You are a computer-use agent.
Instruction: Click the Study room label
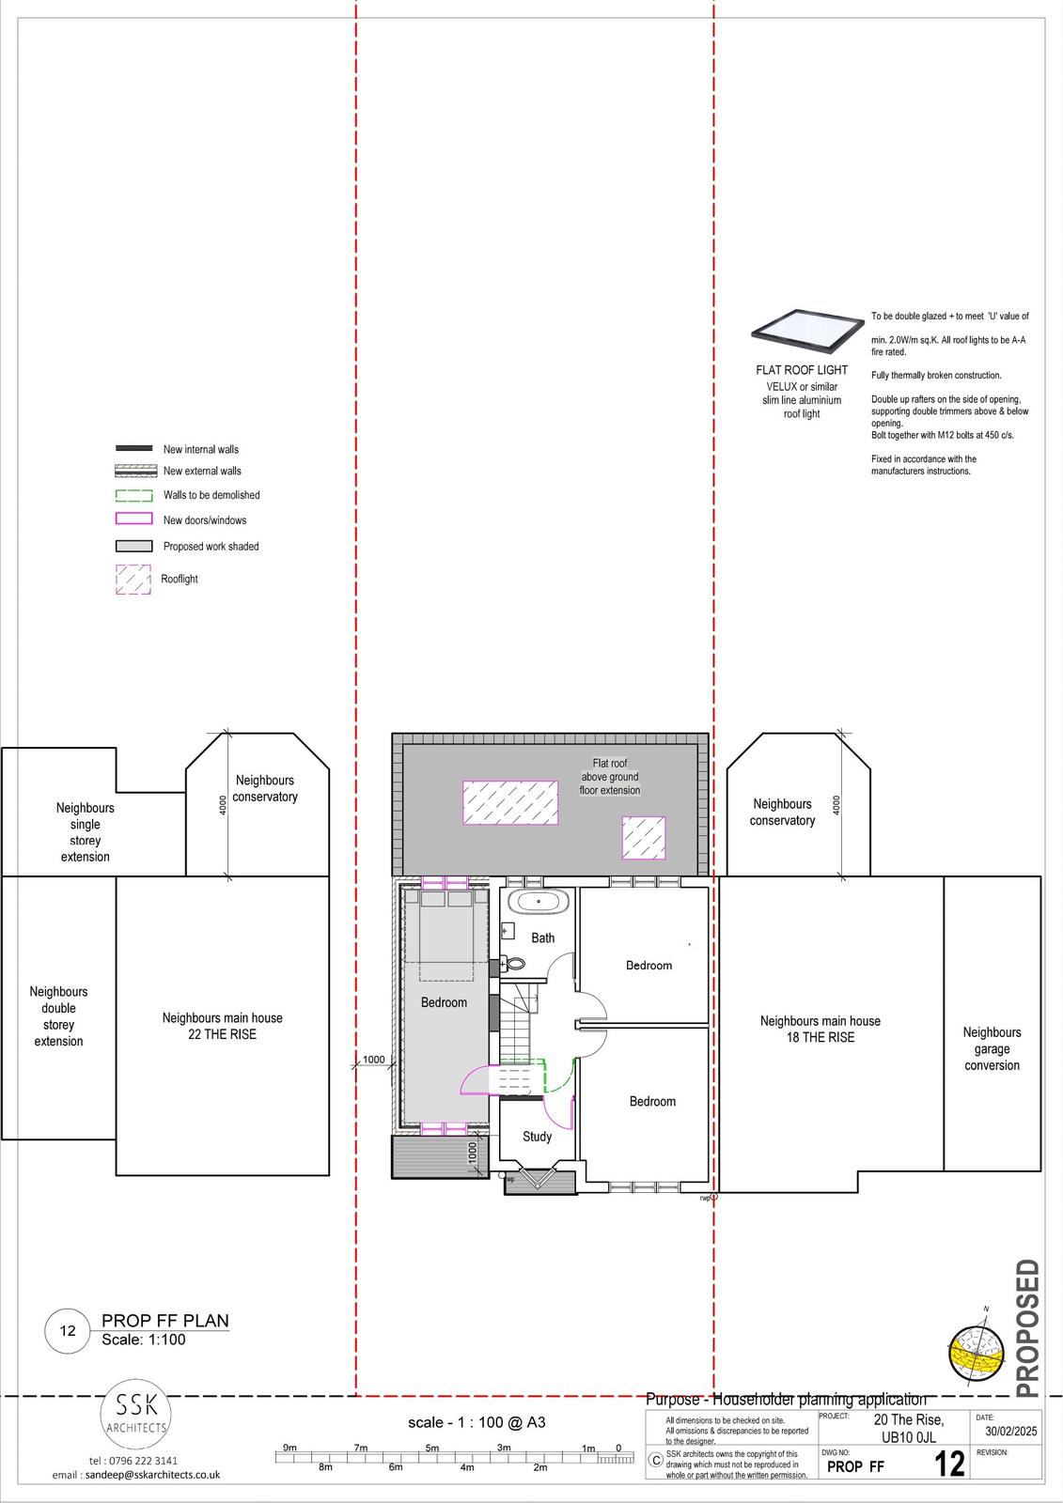[538, 1137]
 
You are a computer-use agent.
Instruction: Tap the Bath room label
[542, 938]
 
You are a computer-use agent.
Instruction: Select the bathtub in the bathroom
[539, 902]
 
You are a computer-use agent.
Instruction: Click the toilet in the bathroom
[514, 964]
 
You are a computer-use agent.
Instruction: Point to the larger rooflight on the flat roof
[510, 802]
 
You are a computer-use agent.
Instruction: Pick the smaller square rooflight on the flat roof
[643, 837]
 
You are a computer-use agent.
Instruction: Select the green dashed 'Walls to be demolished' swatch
[133, 496]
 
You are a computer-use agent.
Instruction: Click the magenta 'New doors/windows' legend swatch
[133, 519]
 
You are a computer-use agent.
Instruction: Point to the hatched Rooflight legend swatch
[133, 580]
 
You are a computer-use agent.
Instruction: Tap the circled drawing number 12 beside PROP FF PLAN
[67, 1330]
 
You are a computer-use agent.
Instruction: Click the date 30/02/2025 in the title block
[1010, 1431]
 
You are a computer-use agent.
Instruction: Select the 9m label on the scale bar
[289, 1447]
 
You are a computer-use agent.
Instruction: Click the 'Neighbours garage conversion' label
[992, 1048]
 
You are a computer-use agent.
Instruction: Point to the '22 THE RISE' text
[222, 1034]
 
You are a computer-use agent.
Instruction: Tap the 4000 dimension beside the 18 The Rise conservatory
[836, 805]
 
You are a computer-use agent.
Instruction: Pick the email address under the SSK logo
[136, 1475]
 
